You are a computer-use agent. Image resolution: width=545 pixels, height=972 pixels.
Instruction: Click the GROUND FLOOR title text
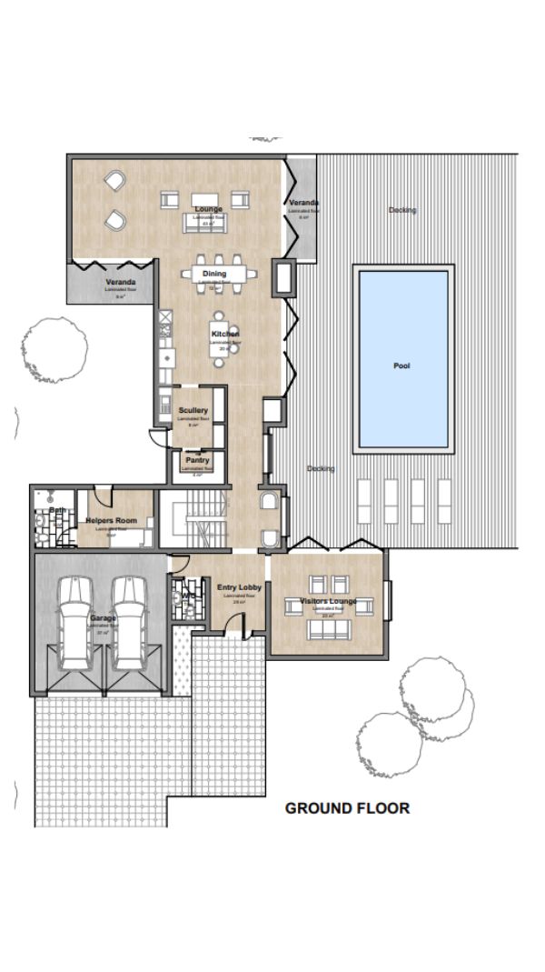click(347, 807)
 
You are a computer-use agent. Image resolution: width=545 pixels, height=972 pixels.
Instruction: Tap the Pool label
click(401, 366)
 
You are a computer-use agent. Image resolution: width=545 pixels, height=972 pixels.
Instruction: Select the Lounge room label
click(208, 209)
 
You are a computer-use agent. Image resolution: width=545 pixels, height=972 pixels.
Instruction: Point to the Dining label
click(214, 274)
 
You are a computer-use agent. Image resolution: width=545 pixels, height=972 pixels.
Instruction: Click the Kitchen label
click(225, 335)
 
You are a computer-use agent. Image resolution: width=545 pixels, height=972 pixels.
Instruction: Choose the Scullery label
click(193, 411)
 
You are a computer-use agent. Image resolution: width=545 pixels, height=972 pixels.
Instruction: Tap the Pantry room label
click(197, 460)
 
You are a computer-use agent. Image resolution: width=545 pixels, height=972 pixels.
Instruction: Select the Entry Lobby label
click(239, 587)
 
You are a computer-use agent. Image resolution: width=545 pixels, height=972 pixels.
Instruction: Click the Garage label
click(102, 618)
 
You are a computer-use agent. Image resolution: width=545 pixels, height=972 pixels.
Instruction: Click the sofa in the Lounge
click(208, 221)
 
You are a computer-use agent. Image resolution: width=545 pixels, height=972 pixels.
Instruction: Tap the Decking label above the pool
click(401, 210)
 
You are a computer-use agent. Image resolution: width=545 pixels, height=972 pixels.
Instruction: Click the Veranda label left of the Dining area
click(120, 282)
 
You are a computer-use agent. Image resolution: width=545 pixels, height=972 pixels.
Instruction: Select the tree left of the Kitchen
click(54, 349)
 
